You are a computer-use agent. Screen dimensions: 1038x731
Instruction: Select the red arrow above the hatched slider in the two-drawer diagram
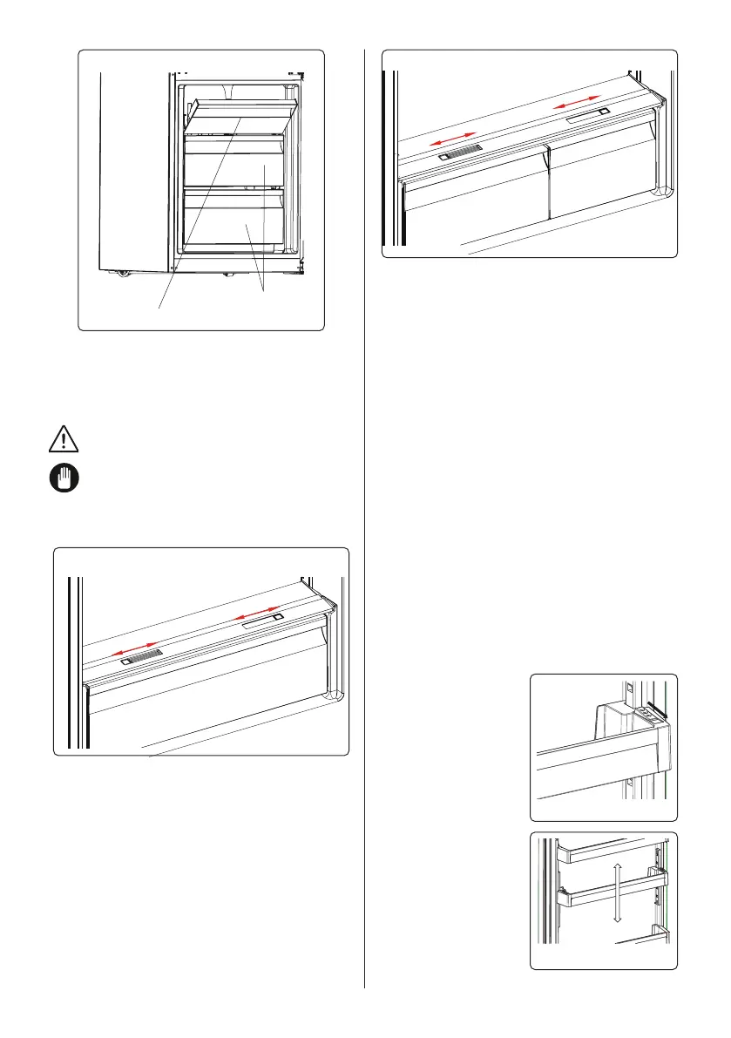(453, 140)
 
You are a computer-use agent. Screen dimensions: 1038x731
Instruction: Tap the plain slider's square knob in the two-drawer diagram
(602, 112)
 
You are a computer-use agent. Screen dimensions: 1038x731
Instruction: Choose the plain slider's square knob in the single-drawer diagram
(277, 617)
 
